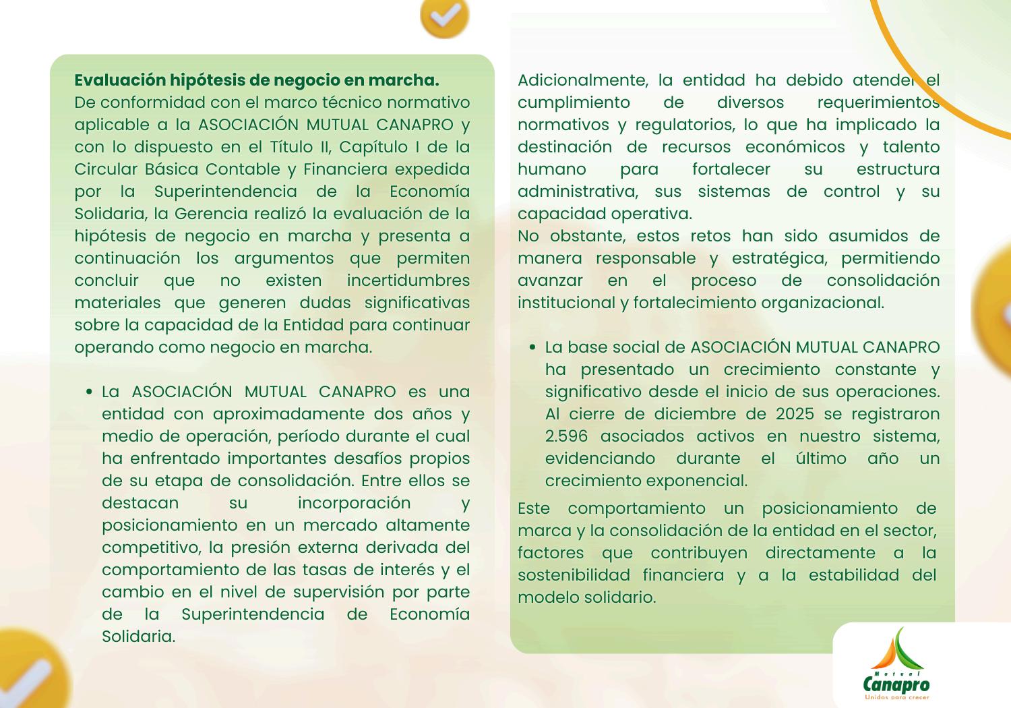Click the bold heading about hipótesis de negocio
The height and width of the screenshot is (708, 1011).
256,80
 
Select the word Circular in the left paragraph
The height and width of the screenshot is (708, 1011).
104,169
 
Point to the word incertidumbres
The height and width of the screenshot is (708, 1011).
408,281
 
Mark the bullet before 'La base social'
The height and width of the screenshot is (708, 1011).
532,348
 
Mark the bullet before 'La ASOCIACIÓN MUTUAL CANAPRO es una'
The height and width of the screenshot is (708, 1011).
89,392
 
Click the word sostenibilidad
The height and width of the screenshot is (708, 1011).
574,575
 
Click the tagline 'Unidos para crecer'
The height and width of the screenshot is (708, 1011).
896,697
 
